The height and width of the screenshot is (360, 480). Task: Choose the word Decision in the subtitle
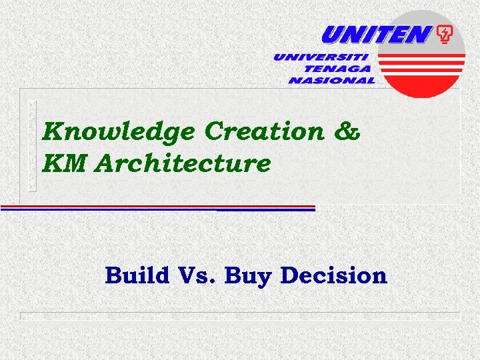334,275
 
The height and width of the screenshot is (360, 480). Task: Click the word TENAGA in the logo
338,69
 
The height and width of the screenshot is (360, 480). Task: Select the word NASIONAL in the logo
331,80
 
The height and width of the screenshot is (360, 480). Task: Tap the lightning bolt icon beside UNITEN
443,35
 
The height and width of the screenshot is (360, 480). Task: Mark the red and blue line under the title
157,208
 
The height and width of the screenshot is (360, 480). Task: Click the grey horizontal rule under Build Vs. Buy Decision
240,313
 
